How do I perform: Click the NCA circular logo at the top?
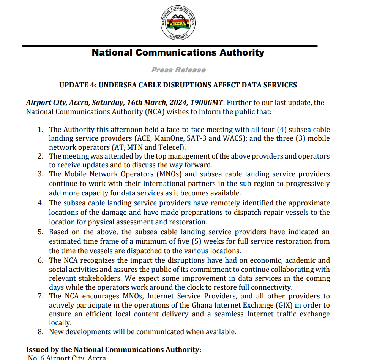point(178,23)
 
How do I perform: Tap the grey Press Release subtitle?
point(178,70)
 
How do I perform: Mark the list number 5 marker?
point(41,232)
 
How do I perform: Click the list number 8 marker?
point(41,332)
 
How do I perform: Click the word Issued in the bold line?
point(37,350)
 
